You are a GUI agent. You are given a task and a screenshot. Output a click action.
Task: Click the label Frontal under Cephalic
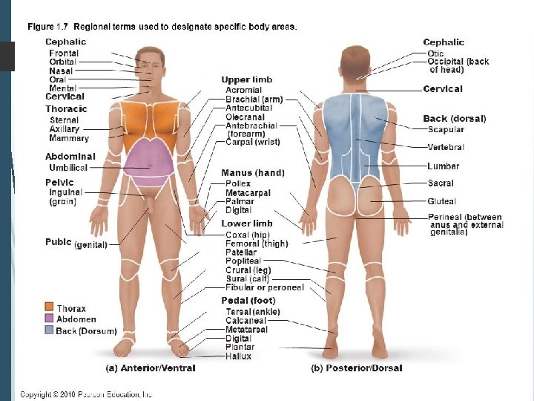click(x=64, y=53)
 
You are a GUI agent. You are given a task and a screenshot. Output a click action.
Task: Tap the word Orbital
click(x=63, y=62)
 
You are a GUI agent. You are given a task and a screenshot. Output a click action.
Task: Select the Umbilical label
click(x=68, y=168)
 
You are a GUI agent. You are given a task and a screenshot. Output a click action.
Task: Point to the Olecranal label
click(x=245, y=117)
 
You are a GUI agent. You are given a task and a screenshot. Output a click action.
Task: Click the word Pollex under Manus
click(x=238, y=183)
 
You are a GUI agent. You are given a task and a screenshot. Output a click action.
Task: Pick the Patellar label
click(x=241, y=252)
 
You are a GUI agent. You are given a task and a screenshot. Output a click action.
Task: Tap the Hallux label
click(x=239, y=356)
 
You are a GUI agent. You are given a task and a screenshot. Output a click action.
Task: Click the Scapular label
click(x=446, y=129)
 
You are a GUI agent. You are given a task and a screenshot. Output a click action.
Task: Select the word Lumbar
click(x=444, y=166)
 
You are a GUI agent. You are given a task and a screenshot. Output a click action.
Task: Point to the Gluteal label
click(x=442, y=201)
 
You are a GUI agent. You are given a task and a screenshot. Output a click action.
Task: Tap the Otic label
click(x=435, y=53)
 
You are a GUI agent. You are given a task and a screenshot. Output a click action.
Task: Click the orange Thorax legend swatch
click(x=49, y=308)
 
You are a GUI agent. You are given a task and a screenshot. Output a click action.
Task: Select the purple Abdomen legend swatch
click(x=49, y=319)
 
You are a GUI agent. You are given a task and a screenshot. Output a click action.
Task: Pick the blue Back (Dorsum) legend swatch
click(x=49, y=330)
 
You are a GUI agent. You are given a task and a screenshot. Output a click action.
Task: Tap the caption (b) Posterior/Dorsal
click(x=357, y=368)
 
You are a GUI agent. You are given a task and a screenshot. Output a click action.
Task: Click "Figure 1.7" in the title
click(x=50, y=27)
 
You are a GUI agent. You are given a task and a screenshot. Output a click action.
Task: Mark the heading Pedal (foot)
click(x=248, y=301)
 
